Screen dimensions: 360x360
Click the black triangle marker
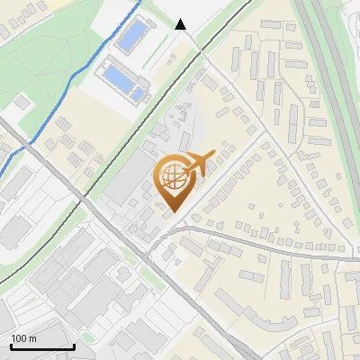(181, 24)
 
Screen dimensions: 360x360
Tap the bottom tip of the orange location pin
(173, 212)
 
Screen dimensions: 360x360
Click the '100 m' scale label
(23, 338)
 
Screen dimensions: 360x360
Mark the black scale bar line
(42, 347)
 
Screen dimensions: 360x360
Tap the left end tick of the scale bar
(11, 346)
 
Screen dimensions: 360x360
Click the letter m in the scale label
(32, 338)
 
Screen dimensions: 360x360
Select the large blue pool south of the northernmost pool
(122, 78)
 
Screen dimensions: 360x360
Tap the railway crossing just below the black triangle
(193, 49)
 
